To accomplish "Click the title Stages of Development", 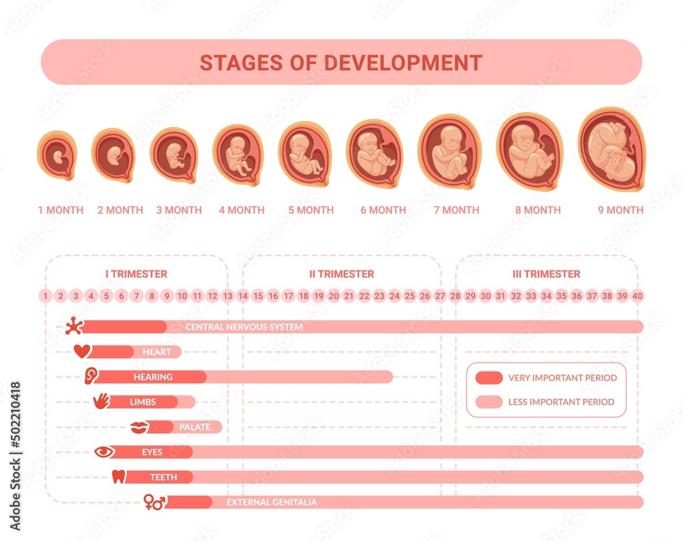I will [x=341, y=62].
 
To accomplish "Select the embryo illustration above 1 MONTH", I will [x=57, y=156].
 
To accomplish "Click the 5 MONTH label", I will [x=311, y=210].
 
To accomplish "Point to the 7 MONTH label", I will [x=456, y=210].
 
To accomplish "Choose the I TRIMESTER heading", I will [x=137, y=274].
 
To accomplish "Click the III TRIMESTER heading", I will [x=546, y=274].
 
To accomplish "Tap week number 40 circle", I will [x=637, y=296].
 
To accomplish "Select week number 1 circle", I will [x=46, y=296].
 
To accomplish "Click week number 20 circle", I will [x=334, y=296].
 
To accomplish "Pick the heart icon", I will [x=82, y=352].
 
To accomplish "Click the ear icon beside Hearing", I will [x=91, y=376].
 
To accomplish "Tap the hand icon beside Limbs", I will [x=101, y=401].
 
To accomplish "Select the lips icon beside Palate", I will [x=139, y=427].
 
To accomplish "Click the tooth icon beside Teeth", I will [x=119, y=477].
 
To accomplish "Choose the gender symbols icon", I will [x=154, y=503].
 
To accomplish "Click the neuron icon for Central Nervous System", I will [x=73, y=327].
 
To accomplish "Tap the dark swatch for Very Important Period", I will [x=488, y=378].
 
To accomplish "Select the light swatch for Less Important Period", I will [x=488, y=402].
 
